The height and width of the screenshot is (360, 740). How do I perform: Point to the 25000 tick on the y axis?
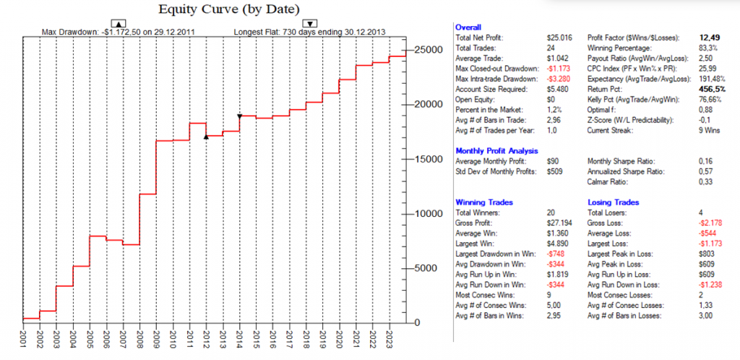coord(426,49)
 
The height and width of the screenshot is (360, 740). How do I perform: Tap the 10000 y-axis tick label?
coord(426,213)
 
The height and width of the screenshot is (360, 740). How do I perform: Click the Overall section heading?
coord(469,27)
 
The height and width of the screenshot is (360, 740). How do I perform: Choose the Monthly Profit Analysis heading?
coord(497,150)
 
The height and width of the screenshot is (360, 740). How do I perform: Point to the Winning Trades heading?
coord(480,202)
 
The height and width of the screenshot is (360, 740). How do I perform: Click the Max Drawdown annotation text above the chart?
coord(118,32)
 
